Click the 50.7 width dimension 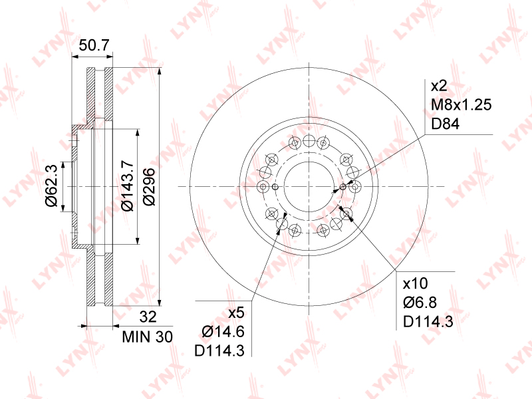94,45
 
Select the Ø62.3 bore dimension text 52,186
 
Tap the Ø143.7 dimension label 128,186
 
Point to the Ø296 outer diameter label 149,186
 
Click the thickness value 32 148,317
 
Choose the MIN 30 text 147,337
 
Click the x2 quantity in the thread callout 439,86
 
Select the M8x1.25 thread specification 461,105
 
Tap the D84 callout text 445,124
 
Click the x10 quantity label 415,283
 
